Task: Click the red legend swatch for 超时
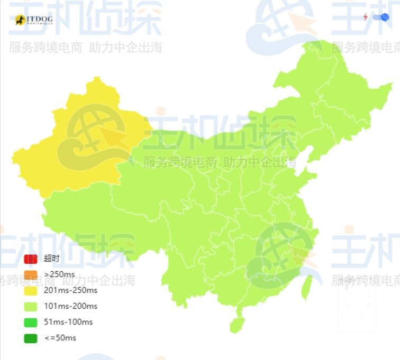pos(31,259)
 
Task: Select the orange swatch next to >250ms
pos(31,275)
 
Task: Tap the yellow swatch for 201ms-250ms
pos(31,290)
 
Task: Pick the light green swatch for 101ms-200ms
pos(31,306)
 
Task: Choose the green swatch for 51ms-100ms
pos(31,322)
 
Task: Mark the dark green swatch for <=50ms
pos(31,338)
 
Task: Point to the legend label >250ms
pos(59,274)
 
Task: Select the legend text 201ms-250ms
pos(70,290)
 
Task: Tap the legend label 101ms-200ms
pos(70,306)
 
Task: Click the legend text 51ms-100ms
pos(68,322)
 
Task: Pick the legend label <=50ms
pos(60,338)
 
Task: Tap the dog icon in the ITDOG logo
pos(21,21)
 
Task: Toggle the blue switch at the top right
pos(381,17)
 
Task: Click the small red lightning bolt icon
pos(365,17)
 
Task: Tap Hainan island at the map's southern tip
pos(237,324)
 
